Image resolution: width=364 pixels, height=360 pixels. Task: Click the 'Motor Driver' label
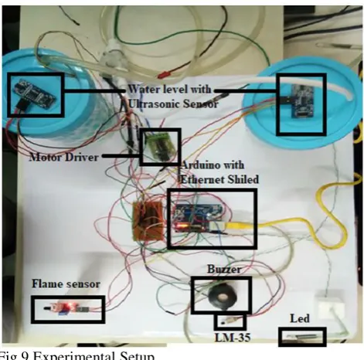64,157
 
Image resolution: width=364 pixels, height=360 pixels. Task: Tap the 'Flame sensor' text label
66,284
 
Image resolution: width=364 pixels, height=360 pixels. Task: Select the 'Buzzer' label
224,270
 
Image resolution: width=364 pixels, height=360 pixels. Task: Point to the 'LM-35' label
233,338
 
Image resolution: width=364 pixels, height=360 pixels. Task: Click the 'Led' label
300,318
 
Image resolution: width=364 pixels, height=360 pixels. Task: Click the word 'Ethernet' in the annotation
201,179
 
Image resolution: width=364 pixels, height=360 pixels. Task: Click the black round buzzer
222,297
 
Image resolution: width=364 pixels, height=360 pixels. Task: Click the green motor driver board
159,146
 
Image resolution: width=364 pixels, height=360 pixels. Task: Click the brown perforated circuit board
148,221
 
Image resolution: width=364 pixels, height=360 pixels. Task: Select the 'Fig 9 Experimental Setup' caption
77,355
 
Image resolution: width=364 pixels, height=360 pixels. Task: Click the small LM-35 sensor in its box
228,321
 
